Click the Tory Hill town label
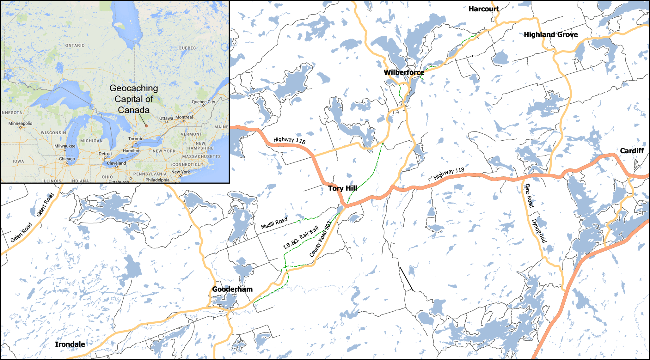(342, 188)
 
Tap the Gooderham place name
(232, 289)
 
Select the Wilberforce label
(404, 72)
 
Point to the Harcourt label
(484, 9)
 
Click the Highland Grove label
(551, 35)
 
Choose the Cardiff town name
(632, 151)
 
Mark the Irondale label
(70, 344)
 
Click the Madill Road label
(274, 223)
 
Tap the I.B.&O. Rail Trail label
(301, 237)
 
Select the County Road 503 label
(320, 239)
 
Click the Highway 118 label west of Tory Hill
(289, 140)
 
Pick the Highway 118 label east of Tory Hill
(449, 174)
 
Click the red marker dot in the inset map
(146, 126)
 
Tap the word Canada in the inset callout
(133, 110)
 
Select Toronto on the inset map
(136, 139)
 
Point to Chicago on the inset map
(67, 159)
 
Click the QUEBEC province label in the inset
(187, 48)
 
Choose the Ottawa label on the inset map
(166, 118)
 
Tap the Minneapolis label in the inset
(20, 123)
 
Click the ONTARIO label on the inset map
(75, 46)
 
